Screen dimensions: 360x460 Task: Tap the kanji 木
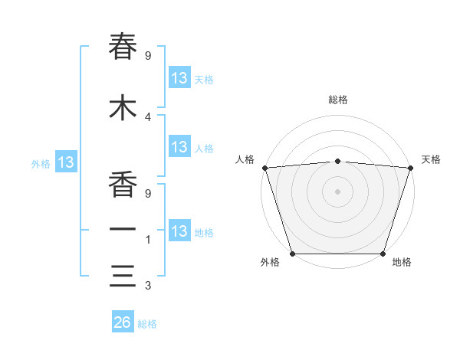coord(123,107)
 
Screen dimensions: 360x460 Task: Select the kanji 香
coord(123,185)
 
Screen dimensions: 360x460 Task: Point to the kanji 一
coord(123,230)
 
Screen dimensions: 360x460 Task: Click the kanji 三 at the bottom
coord(123,275)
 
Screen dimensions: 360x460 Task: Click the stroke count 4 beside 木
coord(148,117)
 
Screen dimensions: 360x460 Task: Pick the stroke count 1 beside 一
coord(148,240)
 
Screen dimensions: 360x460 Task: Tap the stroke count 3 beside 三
coord(148,286)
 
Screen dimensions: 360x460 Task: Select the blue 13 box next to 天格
coord(179,78)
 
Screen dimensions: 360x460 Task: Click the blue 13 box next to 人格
coord(179,147)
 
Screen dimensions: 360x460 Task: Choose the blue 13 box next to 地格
coord(179,231)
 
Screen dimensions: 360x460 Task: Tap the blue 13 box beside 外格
coord(65,162)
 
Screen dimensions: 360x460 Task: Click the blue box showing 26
coord(123,322)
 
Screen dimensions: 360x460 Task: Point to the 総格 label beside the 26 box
coord(147,324)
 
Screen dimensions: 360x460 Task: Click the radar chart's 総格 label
coord(338,100)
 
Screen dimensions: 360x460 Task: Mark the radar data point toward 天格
coord(410,168)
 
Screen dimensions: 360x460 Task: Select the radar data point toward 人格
coord(265,168)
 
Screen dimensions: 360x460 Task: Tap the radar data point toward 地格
coord(383,253)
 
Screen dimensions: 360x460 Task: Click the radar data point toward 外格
coord(293,253)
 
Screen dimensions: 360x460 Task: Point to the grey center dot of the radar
coord(337,191)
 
